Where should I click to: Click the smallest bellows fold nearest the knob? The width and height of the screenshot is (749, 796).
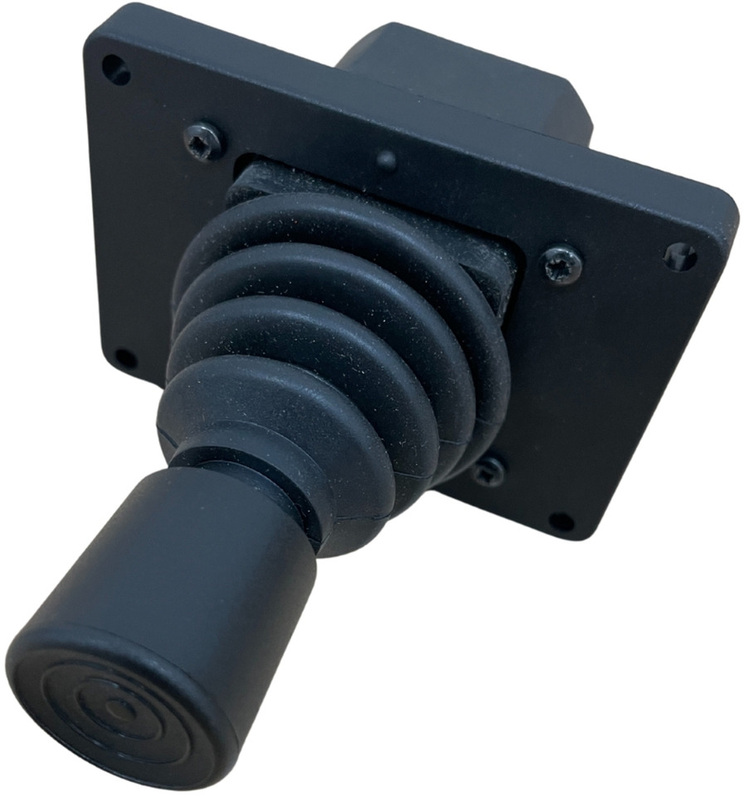point(274,415)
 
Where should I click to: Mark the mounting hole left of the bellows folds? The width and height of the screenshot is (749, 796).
point(125,359)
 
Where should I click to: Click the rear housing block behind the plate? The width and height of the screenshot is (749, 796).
point(464,75)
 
